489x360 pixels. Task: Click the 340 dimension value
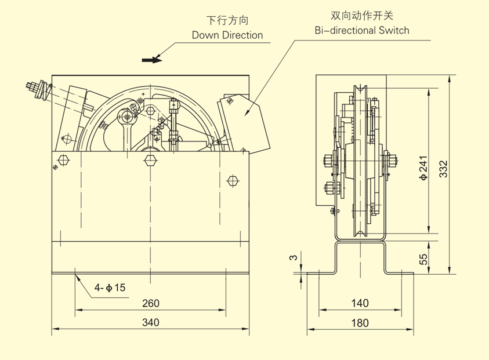(150, 322)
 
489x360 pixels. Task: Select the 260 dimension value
(150, 303)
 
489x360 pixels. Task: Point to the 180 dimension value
(360, 322)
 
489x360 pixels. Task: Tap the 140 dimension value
(360, 303)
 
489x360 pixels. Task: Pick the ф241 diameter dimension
(423, 168)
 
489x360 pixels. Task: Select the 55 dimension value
(423, 257)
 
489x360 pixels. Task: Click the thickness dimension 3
(294, 257)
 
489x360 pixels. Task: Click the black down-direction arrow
(153, 59)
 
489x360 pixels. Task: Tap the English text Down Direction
(227, 35)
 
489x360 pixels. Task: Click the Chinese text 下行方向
(227, 20)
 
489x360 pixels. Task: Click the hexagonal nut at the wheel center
(150, 160)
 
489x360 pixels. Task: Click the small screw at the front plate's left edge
(56, 168)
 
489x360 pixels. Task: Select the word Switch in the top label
(395, 30)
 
